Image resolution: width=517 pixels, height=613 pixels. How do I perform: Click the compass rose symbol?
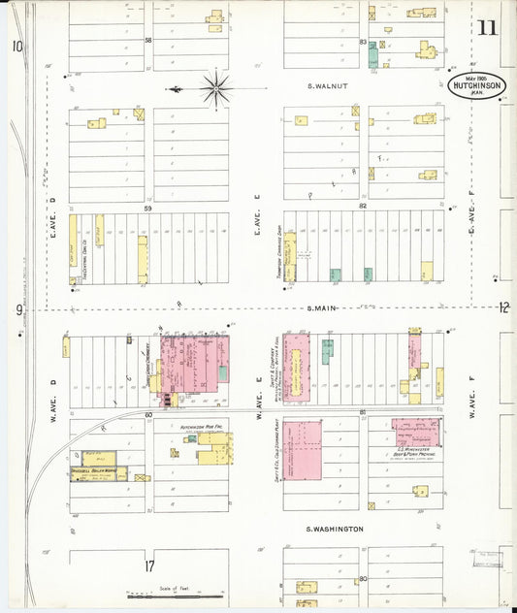point(214,89)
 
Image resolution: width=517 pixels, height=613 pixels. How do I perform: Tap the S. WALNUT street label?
point(328,86)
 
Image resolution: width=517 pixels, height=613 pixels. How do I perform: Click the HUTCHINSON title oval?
point(476,85)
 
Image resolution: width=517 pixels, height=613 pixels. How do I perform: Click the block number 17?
point(148,565)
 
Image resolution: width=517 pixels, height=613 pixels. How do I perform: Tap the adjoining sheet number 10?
point(17,46)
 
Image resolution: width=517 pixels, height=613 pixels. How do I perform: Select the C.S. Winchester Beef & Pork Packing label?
point(414,451)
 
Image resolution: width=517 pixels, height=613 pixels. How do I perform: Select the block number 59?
point(148,208)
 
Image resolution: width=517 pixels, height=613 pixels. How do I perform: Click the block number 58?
point(148,41)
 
